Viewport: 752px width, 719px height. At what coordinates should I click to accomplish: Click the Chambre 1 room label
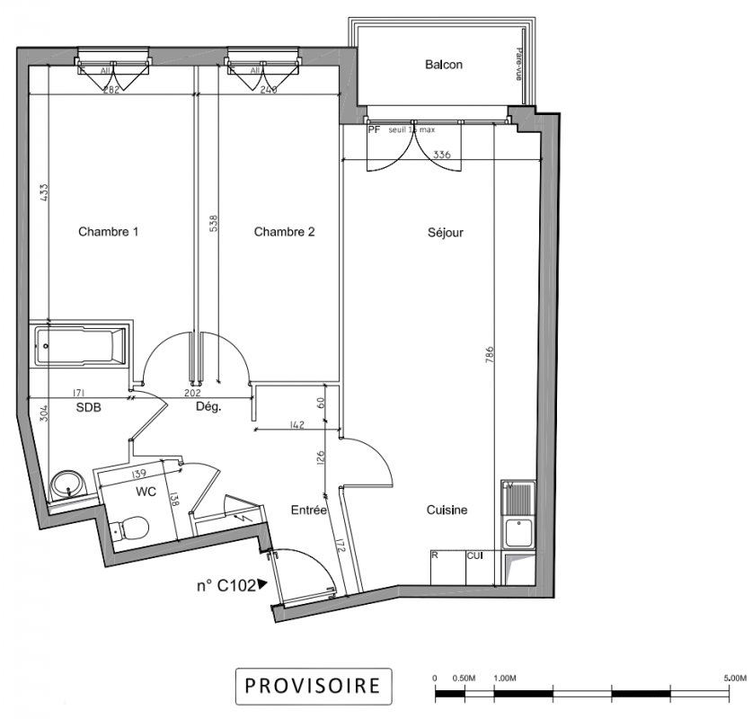point(108,232)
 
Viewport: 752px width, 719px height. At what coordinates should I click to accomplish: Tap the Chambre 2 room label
point(284,232)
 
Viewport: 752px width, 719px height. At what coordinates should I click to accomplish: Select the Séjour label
point(445,233)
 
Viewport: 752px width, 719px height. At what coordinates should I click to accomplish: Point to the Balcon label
point(444,65)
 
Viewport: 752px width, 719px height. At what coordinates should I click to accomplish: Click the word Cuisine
point(447,510)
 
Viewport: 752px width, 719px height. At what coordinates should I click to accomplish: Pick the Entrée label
point(309,510)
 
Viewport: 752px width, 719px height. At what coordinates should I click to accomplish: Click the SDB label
point(88,407)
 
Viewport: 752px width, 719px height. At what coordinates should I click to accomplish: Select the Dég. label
point(208,407)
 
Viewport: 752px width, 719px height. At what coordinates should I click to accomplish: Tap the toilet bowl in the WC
point(132,527)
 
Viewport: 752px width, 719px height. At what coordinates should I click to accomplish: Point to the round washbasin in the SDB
point(66,486)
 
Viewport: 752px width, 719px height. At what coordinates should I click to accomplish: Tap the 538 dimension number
point(213,222)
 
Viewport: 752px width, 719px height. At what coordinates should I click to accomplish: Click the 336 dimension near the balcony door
point(441,155)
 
